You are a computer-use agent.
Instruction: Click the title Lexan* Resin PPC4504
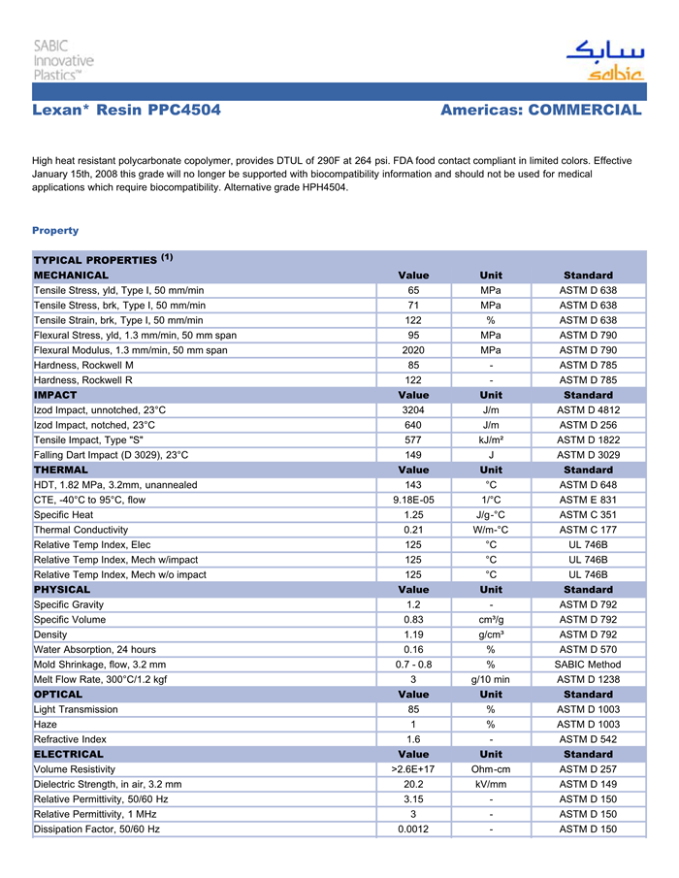(126, 111)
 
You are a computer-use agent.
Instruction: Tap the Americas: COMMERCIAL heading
(540, 111)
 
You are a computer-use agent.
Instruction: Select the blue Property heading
(55, 231)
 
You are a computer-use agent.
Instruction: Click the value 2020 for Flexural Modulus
(413, 349)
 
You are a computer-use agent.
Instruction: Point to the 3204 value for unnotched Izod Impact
(413, 409)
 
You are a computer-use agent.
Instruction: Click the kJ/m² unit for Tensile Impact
(491, 439)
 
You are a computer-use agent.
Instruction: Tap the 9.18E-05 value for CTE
(413, 500)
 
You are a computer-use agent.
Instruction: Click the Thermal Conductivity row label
(81, 530)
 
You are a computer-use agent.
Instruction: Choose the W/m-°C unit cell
(491, 530)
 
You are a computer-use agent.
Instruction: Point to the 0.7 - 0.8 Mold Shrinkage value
(413, 665)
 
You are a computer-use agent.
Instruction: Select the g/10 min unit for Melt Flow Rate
(491, 679)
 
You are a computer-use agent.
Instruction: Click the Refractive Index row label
(71, 739)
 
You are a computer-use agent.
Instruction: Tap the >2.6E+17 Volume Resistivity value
(413, 769)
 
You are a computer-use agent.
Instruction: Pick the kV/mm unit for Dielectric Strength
(491, 784)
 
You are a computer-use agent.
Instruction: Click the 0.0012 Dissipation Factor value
(413, 829)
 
